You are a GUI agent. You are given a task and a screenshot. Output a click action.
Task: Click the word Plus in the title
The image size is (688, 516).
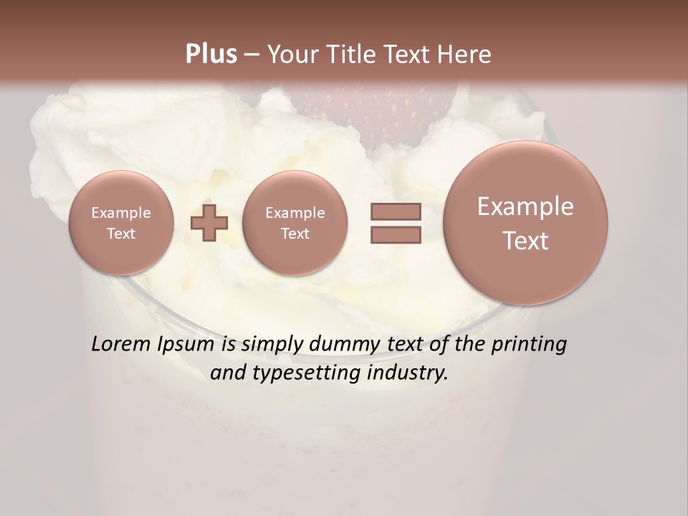211,54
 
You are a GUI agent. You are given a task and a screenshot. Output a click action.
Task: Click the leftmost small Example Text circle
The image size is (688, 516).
121,223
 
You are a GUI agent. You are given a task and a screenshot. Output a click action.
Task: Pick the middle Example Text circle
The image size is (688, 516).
295,223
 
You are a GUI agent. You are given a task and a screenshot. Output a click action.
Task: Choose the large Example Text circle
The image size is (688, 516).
525,223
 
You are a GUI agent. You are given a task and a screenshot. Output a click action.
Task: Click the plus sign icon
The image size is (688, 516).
209,223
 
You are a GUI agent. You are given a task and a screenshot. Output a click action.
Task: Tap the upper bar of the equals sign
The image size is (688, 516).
395,212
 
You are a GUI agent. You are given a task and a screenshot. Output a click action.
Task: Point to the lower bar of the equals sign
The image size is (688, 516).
395,234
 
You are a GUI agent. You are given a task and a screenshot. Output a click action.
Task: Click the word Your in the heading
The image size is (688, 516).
290,54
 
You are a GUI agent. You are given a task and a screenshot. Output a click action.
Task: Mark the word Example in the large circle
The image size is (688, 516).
525,206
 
